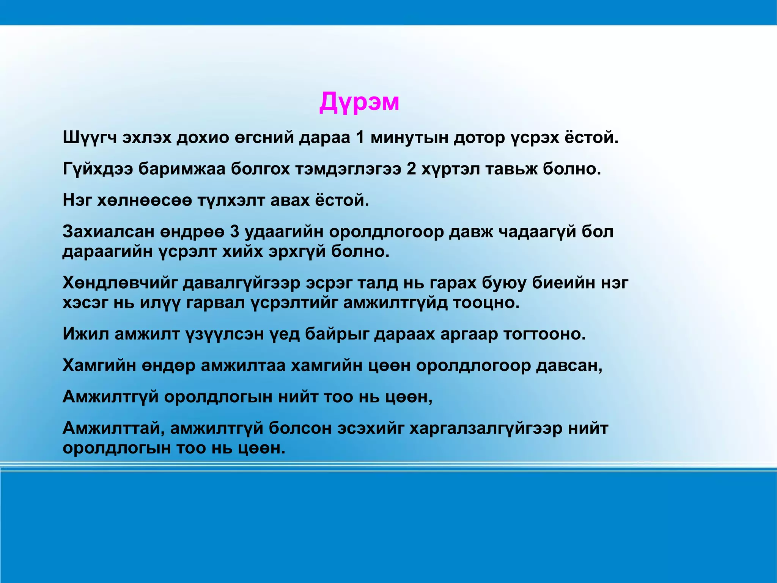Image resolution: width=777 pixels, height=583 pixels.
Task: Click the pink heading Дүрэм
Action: coord(359,103)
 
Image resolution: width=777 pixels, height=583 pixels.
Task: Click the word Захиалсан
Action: coord(109,232)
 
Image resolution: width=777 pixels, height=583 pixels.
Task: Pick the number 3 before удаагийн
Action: coord(234,232)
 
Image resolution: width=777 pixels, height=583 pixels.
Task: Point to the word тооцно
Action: coord(486,303)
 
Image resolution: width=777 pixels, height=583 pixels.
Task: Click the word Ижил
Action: coord(85,334)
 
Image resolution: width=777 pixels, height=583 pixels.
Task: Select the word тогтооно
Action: coord(544,334)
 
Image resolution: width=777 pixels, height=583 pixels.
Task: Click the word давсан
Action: coord(569,366)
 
